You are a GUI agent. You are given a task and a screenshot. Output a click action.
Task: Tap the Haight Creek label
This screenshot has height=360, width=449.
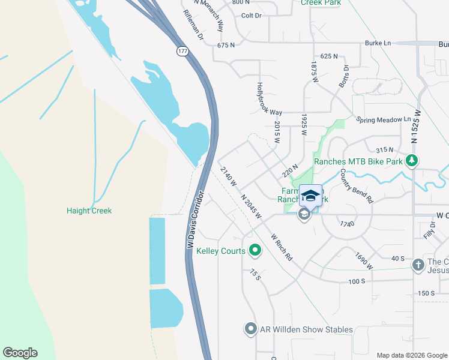[89, 211]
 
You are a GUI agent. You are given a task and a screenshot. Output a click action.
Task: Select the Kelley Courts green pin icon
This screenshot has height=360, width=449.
[255, 251]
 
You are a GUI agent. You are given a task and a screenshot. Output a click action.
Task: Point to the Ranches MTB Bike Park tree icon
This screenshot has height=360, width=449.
[412, 161]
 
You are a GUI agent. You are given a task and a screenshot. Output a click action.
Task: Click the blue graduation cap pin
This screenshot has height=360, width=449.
[310, 196]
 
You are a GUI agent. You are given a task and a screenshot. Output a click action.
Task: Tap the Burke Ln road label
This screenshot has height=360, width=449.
[378, 43]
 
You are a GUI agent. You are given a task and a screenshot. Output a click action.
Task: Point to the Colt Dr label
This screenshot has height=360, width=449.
[252, 16]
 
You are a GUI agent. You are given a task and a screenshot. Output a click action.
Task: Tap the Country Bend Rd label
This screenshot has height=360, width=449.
[356, 185]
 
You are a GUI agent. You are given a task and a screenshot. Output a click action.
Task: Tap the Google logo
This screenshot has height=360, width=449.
[20, 353]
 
